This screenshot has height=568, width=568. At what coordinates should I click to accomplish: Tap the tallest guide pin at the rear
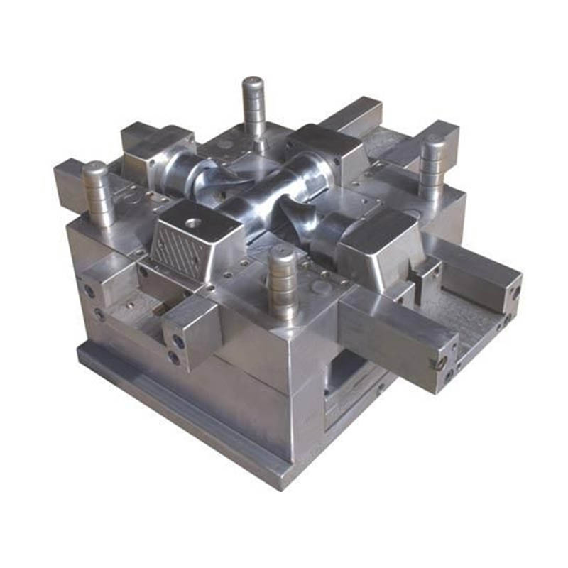[x=253, y=106]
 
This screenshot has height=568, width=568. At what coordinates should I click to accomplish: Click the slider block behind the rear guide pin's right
[x=323, y=146]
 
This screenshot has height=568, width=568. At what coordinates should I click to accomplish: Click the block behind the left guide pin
[x=153, y=146]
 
